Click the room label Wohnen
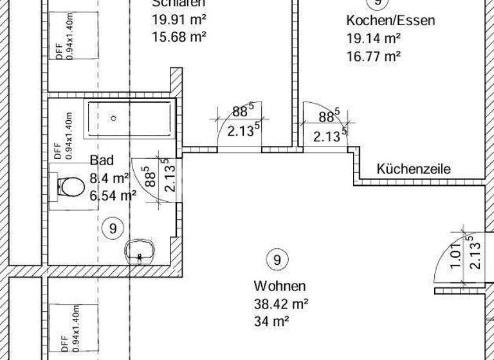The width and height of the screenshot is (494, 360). coord(280,286)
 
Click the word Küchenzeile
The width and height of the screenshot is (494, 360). coord(414,170)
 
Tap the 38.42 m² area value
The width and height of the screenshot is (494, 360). coord(281,303)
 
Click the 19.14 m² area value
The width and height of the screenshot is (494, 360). coord(374,39)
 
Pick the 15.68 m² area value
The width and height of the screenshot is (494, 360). coord(179,37)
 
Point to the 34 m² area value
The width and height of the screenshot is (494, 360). coord(271,319)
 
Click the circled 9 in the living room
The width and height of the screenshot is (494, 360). coord(277,260)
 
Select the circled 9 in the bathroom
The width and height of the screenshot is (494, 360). coord(113,228)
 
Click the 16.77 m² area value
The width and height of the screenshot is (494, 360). coord(374,56)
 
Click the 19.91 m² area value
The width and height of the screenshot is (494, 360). coord(179,19)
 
